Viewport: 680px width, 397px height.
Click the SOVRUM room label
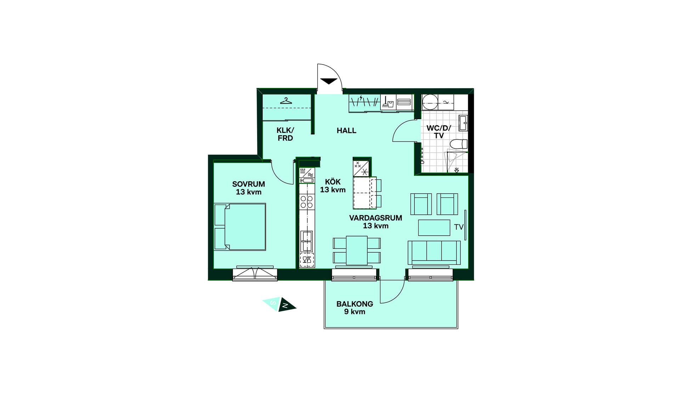(249, 184)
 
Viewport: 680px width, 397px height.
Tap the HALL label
(346, 131)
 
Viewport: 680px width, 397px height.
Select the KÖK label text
(333, 182)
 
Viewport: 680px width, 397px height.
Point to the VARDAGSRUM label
(375, 218)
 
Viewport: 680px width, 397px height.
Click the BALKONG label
(355, 304)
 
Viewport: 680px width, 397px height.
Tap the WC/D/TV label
(439, 132)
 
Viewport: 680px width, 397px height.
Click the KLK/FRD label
(285, 134)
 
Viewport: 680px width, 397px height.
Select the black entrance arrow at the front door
(329, 81)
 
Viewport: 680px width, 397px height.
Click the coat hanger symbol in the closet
(286, 101)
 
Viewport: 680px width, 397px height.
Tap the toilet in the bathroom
(459, 144)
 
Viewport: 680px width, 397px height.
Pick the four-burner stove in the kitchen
(307, 202)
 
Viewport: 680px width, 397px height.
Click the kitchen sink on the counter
(307, 241)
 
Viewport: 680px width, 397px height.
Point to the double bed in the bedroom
(240, 227)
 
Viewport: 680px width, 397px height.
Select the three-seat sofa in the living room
(434, 253)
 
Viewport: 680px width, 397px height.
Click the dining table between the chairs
(357, 250)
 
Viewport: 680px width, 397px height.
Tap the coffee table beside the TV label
(434, 228)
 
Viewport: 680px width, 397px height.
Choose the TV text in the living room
(459, 227)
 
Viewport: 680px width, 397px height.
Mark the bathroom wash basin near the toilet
(463, 123)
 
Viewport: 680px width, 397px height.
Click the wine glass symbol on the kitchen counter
(307, 260)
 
